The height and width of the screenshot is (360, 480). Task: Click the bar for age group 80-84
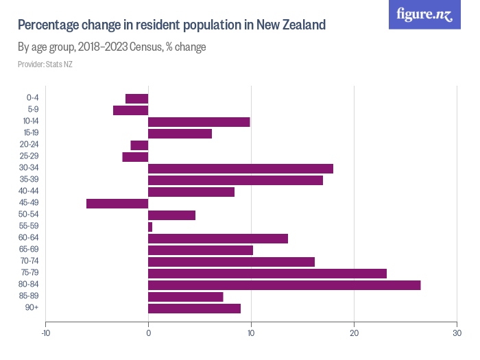tap(284, 285)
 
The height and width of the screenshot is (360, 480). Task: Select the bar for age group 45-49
tap(117, 203)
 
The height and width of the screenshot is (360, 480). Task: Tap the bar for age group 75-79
tap(267, 274)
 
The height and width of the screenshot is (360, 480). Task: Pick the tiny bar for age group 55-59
tap(150, 226)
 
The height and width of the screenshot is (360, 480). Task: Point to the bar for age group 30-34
tap(241, 169)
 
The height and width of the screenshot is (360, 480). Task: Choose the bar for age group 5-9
tap(131, 110)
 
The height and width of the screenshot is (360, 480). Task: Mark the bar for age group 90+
tap(194, 309)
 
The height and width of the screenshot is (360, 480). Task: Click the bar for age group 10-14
tap(199, 122)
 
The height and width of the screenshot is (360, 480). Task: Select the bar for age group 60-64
tap(218, 239)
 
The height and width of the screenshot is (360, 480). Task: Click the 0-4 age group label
tap(32, 98)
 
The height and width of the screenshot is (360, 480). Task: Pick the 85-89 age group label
tap(30, 297)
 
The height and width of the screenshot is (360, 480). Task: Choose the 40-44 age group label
tap(30, 191)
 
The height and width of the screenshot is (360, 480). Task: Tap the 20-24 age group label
tap(30, 145)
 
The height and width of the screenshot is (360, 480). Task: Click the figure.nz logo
tap(424, 14)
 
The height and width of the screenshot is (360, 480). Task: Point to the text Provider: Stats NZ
tap(45, 64)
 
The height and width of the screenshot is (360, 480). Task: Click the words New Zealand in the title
tap(291, 25)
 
